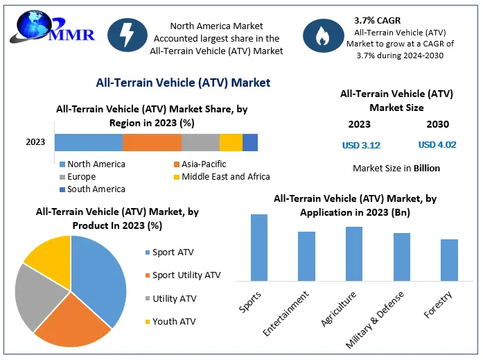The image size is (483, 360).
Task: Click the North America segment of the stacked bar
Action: [x=89, y=142]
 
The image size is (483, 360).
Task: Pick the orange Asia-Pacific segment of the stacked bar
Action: [x=152, y=142]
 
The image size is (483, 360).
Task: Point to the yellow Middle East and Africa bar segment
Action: [x=231, y=142]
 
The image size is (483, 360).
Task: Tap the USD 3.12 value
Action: [x=361, y=145]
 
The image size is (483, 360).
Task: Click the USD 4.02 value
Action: [x=437, y=145]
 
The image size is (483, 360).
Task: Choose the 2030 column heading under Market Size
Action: [x=437, y=124]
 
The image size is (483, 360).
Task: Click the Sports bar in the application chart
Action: [x=259, y=247]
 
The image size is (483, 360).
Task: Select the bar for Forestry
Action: [x=449, y=259]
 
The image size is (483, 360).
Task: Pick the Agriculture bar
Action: [x=354, y=253]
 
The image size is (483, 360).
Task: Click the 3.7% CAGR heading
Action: [x=377, y=20]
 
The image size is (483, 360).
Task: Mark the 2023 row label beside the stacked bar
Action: [x=35, y=142]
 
